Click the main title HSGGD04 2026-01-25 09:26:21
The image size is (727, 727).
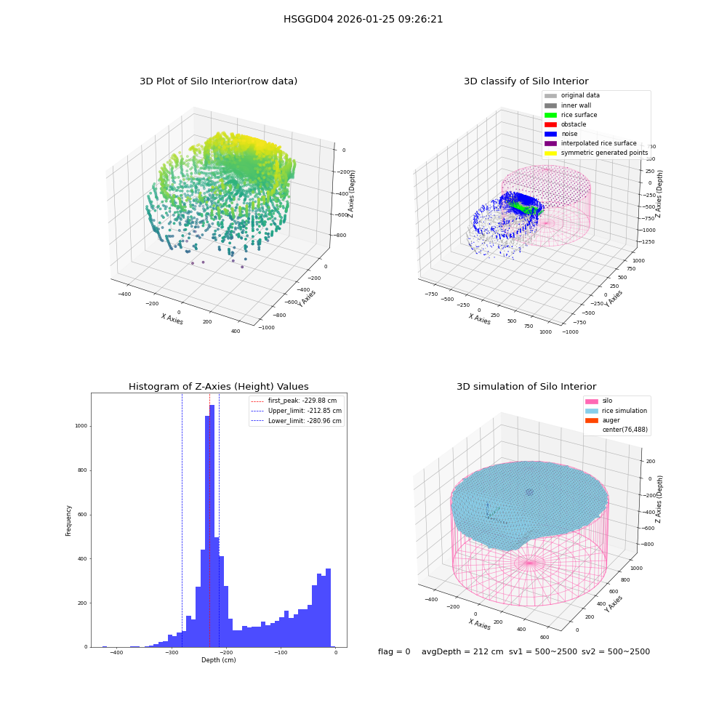click(x=363, y=20)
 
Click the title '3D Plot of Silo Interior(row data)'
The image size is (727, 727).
click(x=218, y=81)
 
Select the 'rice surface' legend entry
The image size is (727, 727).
click(x=571, y=115)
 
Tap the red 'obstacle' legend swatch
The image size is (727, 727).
click(x=550, y=125)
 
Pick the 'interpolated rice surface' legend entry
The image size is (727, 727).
click(x=590, y=143)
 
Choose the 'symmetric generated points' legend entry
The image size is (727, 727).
click(x=596, y=153)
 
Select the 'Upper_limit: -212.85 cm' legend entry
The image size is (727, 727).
click(x=297, y=411)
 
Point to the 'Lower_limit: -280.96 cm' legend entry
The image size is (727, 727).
click(x=297, y=421)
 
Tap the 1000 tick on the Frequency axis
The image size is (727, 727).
click(x=81, y=426)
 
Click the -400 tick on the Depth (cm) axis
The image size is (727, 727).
click(x=116, y=652)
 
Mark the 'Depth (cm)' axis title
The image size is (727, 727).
click(x=219, y=660)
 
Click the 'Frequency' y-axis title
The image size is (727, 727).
click(x=68, y=521)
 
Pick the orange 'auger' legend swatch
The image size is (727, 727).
click(x=592, y=420)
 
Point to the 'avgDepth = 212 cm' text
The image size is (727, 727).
click(x=462, y=651)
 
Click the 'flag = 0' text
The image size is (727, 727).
click(x=394, y=651)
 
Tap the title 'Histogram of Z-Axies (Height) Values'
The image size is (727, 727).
click(x=218, y=387)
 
